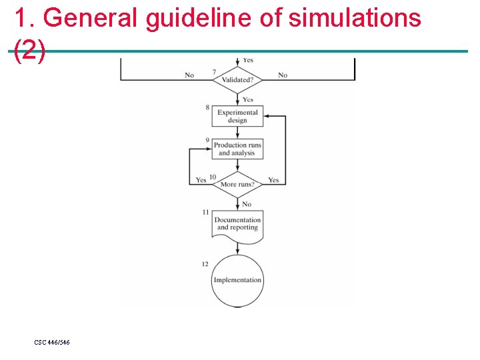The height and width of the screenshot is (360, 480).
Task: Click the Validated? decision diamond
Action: tap(237, 80)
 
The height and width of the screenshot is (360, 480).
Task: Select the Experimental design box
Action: tap(237, 117)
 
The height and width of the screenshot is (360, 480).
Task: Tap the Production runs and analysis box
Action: tap(237, 149)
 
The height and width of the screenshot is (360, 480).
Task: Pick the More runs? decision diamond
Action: tap(237, 185)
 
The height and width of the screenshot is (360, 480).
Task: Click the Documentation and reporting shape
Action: tap(237, 224)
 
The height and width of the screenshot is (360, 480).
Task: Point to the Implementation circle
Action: tap(237, 280)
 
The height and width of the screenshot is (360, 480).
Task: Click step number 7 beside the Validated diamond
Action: tap(214, 72)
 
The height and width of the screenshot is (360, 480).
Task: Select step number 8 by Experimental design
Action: tap(207, 107)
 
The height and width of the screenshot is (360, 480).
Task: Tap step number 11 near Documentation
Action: tap(206, 212)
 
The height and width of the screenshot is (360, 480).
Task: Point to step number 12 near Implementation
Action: tap(205, 264)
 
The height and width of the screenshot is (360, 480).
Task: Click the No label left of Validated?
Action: tap(189, 75)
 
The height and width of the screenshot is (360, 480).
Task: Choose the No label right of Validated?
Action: tap(283, 75)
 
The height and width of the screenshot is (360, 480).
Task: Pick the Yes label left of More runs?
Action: tap(201, 180)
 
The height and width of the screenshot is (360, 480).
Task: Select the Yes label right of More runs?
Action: tap(273, 180)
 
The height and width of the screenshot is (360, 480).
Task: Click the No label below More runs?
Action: tap(247, 204)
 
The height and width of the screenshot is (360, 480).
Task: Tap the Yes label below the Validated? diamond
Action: tap(248, 99)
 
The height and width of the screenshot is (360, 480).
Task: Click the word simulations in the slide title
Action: tap(355, 18)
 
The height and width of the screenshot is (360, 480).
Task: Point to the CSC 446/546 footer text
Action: tap(52, 342)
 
